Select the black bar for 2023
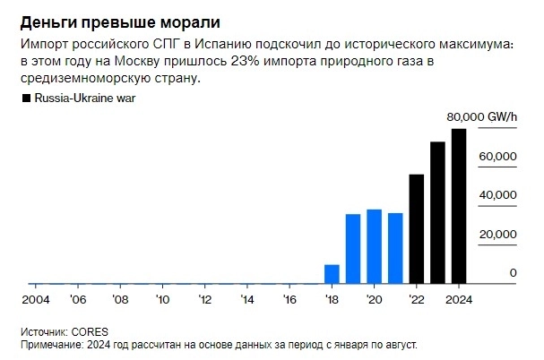pyautogui.click(x=437, y=212)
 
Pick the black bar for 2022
pyautogui.click(x=416, y=228)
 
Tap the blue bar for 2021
pyautogui.click(x=395, y=248)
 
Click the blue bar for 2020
pyautogui.click(x=374, y=246)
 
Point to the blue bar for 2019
pyautogui.click(x=353, y=248)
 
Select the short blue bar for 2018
pyautogui.click(x=332, y=273)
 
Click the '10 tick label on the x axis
pyautogui.click(x=161, y=299)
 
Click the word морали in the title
pyautogui.click(x=187, y=20)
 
